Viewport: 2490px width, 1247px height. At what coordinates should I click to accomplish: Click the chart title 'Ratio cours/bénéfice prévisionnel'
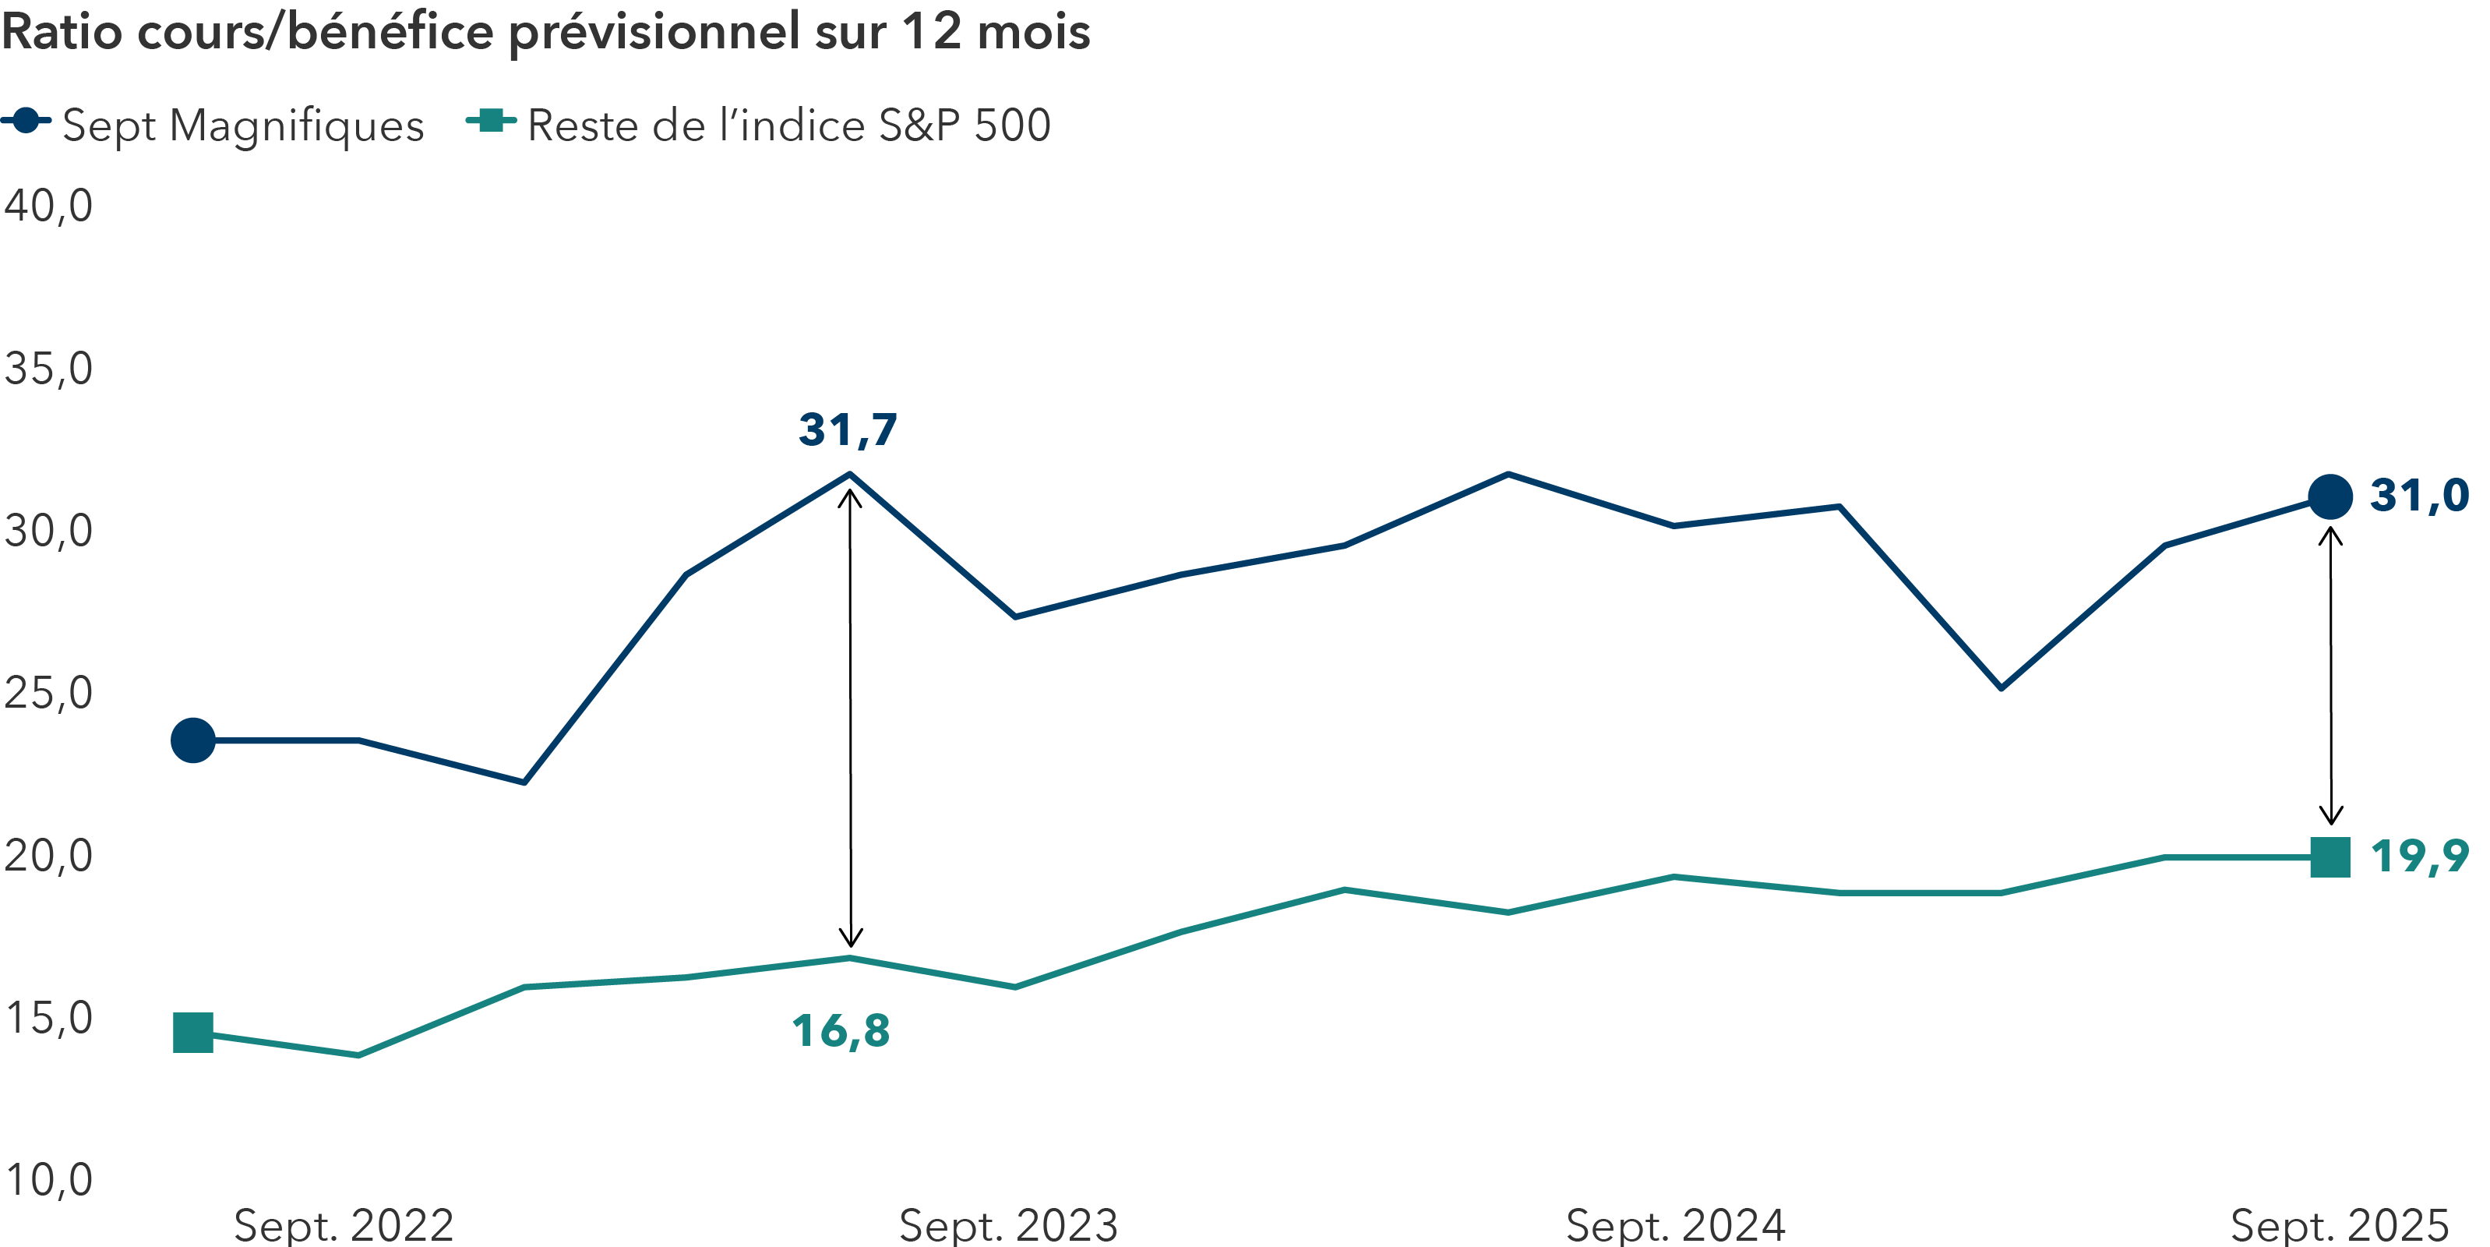[x=546, y=33]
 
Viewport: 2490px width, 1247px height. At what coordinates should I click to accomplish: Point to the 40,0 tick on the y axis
[x=48, y=206]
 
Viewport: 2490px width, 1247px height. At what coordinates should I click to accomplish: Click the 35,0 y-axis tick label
[x=48, y=369]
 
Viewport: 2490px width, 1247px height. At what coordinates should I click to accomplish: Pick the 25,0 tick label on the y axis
[x=48, y=693]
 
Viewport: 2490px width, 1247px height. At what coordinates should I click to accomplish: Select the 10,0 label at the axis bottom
[x=48, y=1180]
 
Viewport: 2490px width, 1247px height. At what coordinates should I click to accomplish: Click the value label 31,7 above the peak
[x=848, y=430]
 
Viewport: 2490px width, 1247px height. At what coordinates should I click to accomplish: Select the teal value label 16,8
[x=841, y=1031]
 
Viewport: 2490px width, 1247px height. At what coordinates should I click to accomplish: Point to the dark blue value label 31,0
[x=2418, y=496]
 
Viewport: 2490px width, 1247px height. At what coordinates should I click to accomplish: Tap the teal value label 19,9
[x=2418, y=857]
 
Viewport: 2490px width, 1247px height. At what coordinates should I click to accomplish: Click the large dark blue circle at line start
[x=193, y=740]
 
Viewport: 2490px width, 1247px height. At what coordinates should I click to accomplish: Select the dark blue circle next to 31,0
[x=2330, y=497]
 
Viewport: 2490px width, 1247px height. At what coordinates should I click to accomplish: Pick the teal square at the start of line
[x=193, y=1033]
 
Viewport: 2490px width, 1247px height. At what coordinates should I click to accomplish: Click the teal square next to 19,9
[x=2330, y=857]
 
